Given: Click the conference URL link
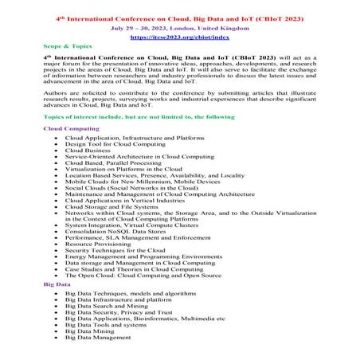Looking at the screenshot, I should point(179,37).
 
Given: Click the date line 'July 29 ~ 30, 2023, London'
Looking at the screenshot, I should point(179,26).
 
